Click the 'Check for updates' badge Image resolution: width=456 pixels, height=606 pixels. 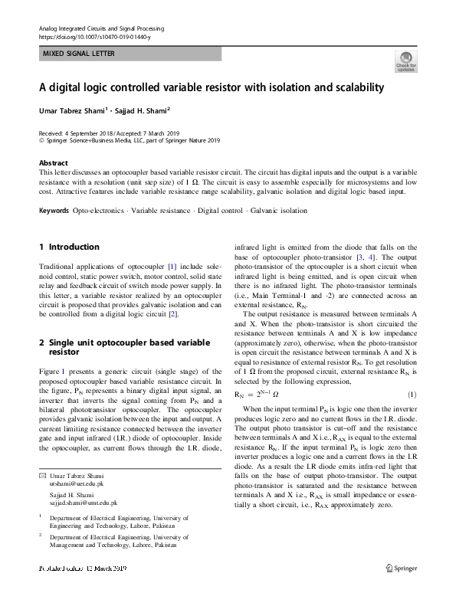[405, 61]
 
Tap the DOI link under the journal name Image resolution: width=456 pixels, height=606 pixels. [94, 37]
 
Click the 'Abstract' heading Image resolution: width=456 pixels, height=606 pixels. [54, 163]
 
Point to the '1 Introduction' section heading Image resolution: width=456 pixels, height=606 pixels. [69, 247]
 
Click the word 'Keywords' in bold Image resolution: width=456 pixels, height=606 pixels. [54, 210]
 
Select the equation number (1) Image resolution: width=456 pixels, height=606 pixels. [411, 395]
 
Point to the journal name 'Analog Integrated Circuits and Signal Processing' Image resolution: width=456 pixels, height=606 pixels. [101, 28]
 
